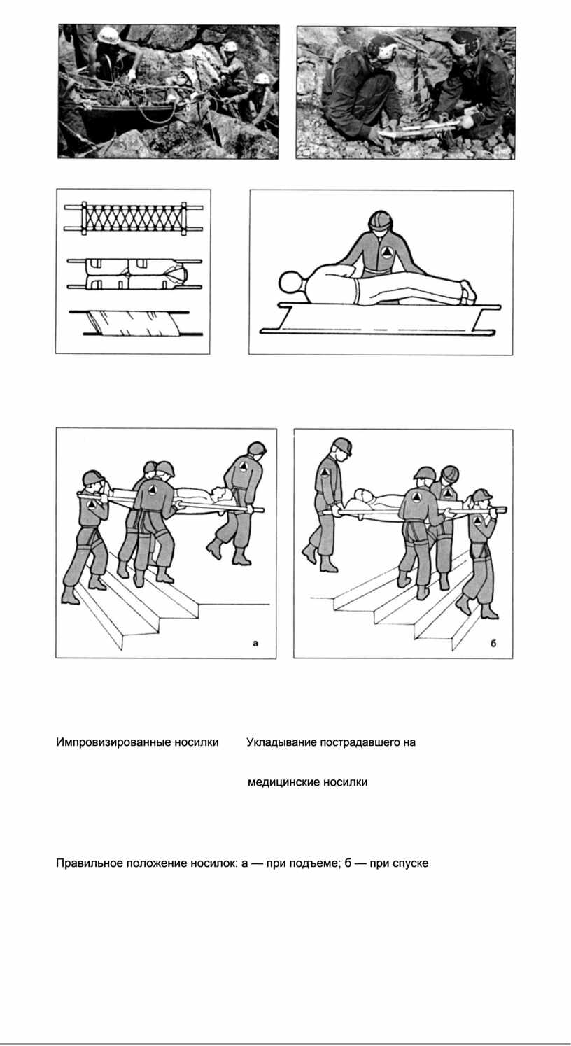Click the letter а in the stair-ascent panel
click(255, 643)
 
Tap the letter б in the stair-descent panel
click(493, 643)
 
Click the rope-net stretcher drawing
click(134, 218)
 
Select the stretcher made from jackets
click(134, 274)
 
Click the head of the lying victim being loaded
click(291, 283)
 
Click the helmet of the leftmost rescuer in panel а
click(93, 478)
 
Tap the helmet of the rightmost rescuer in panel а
click(257, 448)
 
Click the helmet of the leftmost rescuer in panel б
click(341, 446)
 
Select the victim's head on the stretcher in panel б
click(363, 495)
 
